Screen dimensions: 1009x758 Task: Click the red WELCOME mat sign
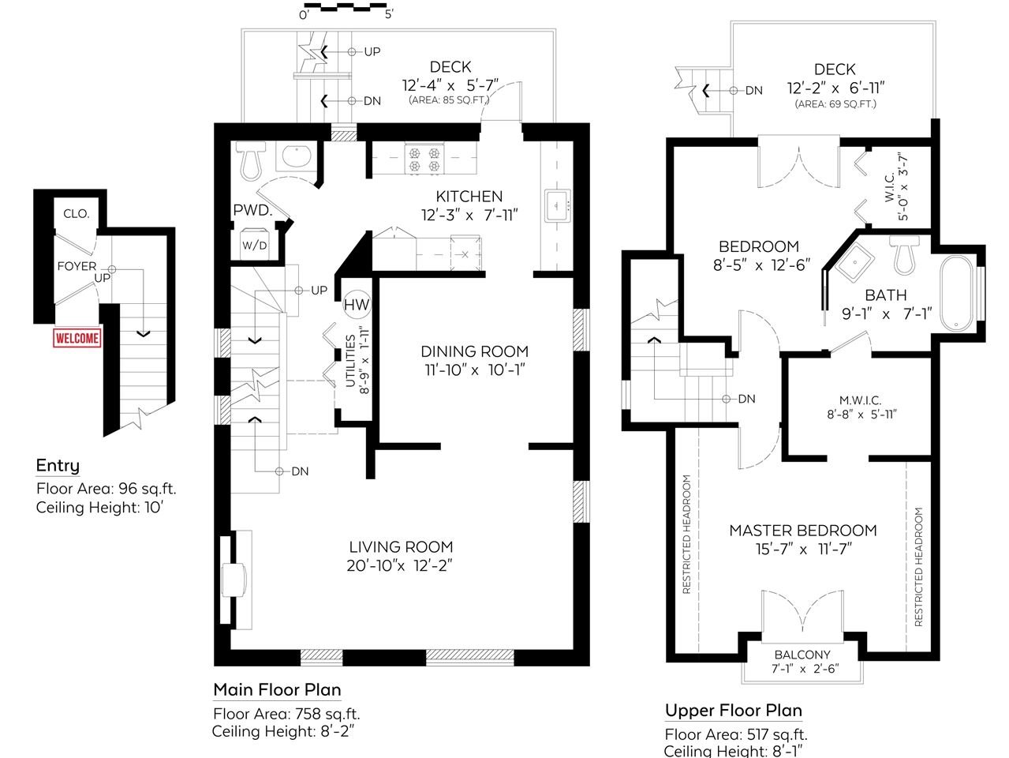click(77, 338)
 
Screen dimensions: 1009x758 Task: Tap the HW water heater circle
click(357, 305)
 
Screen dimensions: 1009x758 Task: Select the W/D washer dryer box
click(254, 244)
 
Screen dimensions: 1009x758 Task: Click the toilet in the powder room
click(251, 159)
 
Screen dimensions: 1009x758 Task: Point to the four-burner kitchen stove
click(424, 159)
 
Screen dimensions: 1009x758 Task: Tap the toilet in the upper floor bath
click(904, 255)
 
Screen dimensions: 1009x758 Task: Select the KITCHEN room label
click(469, 197)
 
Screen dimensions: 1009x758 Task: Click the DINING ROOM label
click(474, 351)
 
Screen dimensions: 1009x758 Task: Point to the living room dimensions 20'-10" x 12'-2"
click(399, 565)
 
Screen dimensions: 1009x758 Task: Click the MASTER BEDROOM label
click(802, 531)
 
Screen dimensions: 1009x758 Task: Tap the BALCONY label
click(802, 655)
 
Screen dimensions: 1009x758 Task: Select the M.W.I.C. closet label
click(861, 400)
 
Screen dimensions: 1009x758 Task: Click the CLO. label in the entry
click(77, 213)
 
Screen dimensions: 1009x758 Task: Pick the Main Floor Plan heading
click(277, 689)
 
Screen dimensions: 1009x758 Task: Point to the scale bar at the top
click(352, 7)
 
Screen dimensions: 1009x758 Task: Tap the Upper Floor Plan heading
click(733, 711)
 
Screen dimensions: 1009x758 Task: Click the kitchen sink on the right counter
click(558, 205)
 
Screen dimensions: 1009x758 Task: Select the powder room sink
click(297, 157)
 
